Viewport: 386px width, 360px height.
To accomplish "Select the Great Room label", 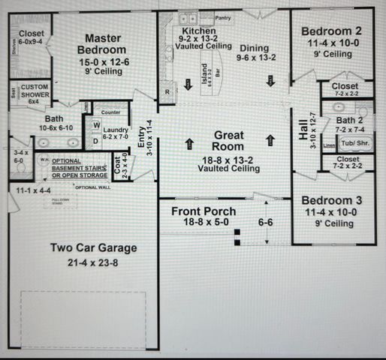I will [x=228, y=140].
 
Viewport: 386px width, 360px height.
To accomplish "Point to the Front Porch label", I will [x=204, y=211].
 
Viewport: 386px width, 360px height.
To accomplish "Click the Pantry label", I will [x=222, y=17].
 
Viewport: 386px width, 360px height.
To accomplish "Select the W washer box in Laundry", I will [x=97, y=124].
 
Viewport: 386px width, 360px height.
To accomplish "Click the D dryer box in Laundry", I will [x=95, y=140].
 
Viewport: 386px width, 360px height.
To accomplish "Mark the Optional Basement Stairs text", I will [x=80, y=169].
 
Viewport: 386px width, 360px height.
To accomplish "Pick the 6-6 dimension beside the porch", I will [x=265, y=223].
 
